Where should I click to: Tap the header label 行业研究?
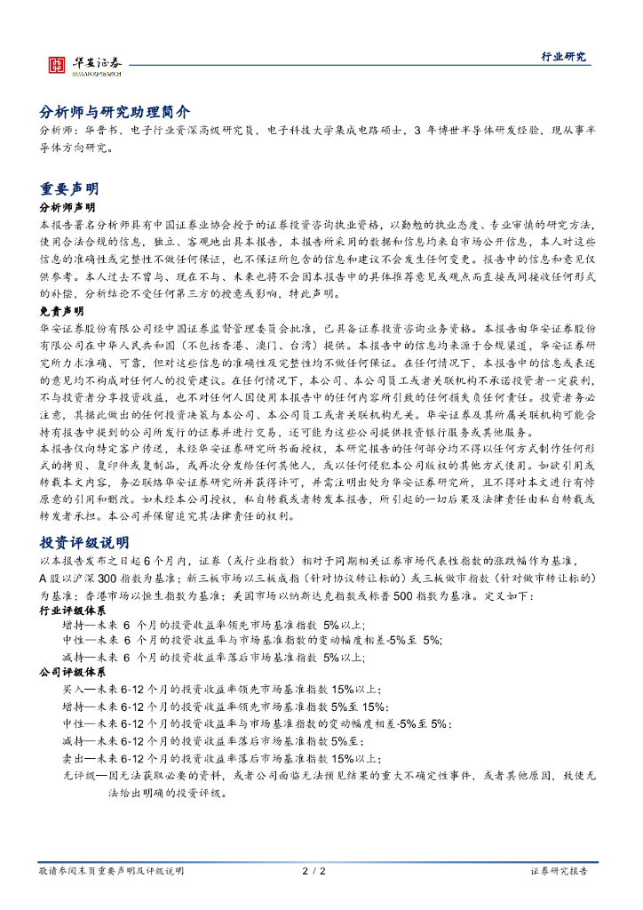click(x=564, y=56)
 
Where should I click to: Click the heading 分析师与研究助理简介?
click(x=115, y=112)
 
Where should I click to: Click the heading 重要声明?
click(x=69, y=188)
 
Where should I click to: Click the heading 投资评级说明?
click(x=84, y=542)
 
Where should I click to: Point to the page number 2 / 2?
click(x=314, y=871)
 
